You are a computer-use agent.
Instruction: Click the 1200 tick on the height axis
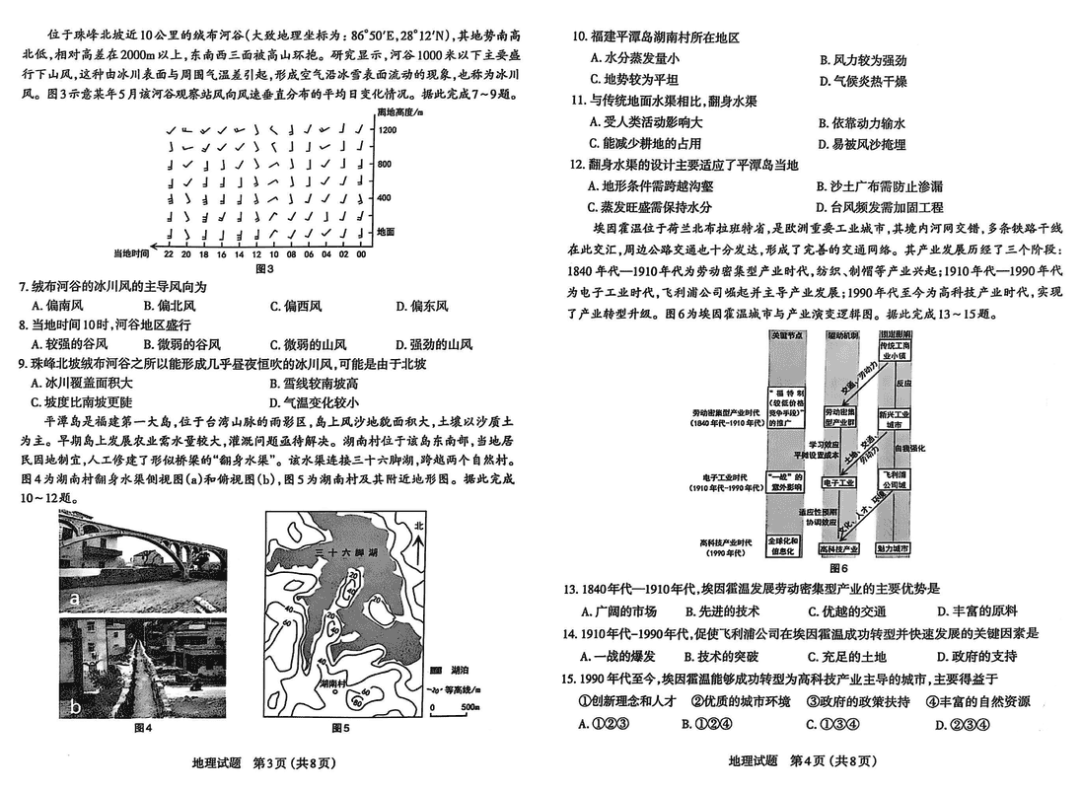pyautogui.click(x=386, y=129)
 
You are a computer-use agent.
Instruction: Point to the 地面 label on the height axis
pyautogui.click(x=386, y=231)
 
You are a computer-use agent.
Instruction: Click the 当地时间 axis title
pyautogui.click(x=130, y=253)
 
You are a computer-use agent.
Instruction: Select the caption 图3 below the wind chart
pyautogui.click(x=264, y=267)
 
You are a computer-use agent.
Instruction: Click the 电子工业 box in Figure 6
pyautogui.click(x=838, y=484)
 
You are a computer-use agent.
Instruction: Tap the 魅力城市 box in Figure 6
pyautogui.click(x=894, y=548)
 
